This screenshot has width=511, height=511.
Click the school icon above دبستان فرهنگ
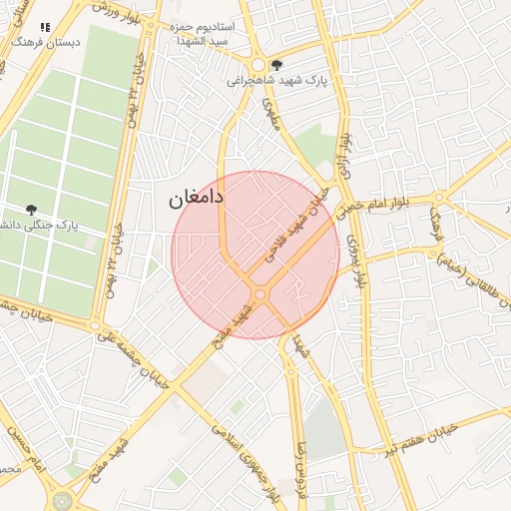tap(44, 28)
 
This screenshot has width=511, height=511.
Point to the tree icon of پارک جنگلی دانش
tap(32, 210)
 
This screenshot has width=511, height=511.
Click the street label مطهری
tap(270, 115)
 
